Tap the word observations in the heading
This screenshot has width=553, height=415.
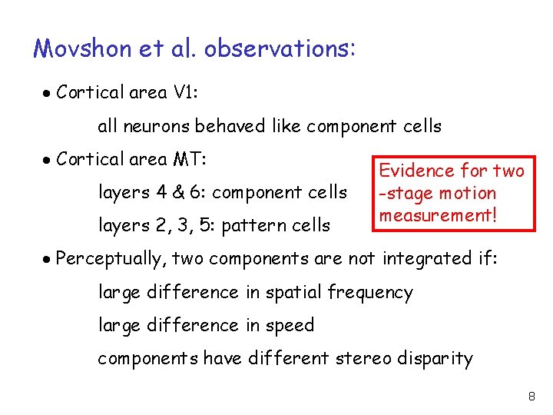point(280,49)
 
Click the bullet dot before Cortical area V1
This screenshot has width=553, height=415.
point(47,94)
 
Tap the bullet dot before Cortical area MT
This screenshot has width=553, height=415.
point(47,160)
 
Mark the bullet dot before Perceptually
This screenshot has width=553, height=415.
point(47,260)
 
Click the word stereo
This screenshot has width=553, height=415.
point(372,359)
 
